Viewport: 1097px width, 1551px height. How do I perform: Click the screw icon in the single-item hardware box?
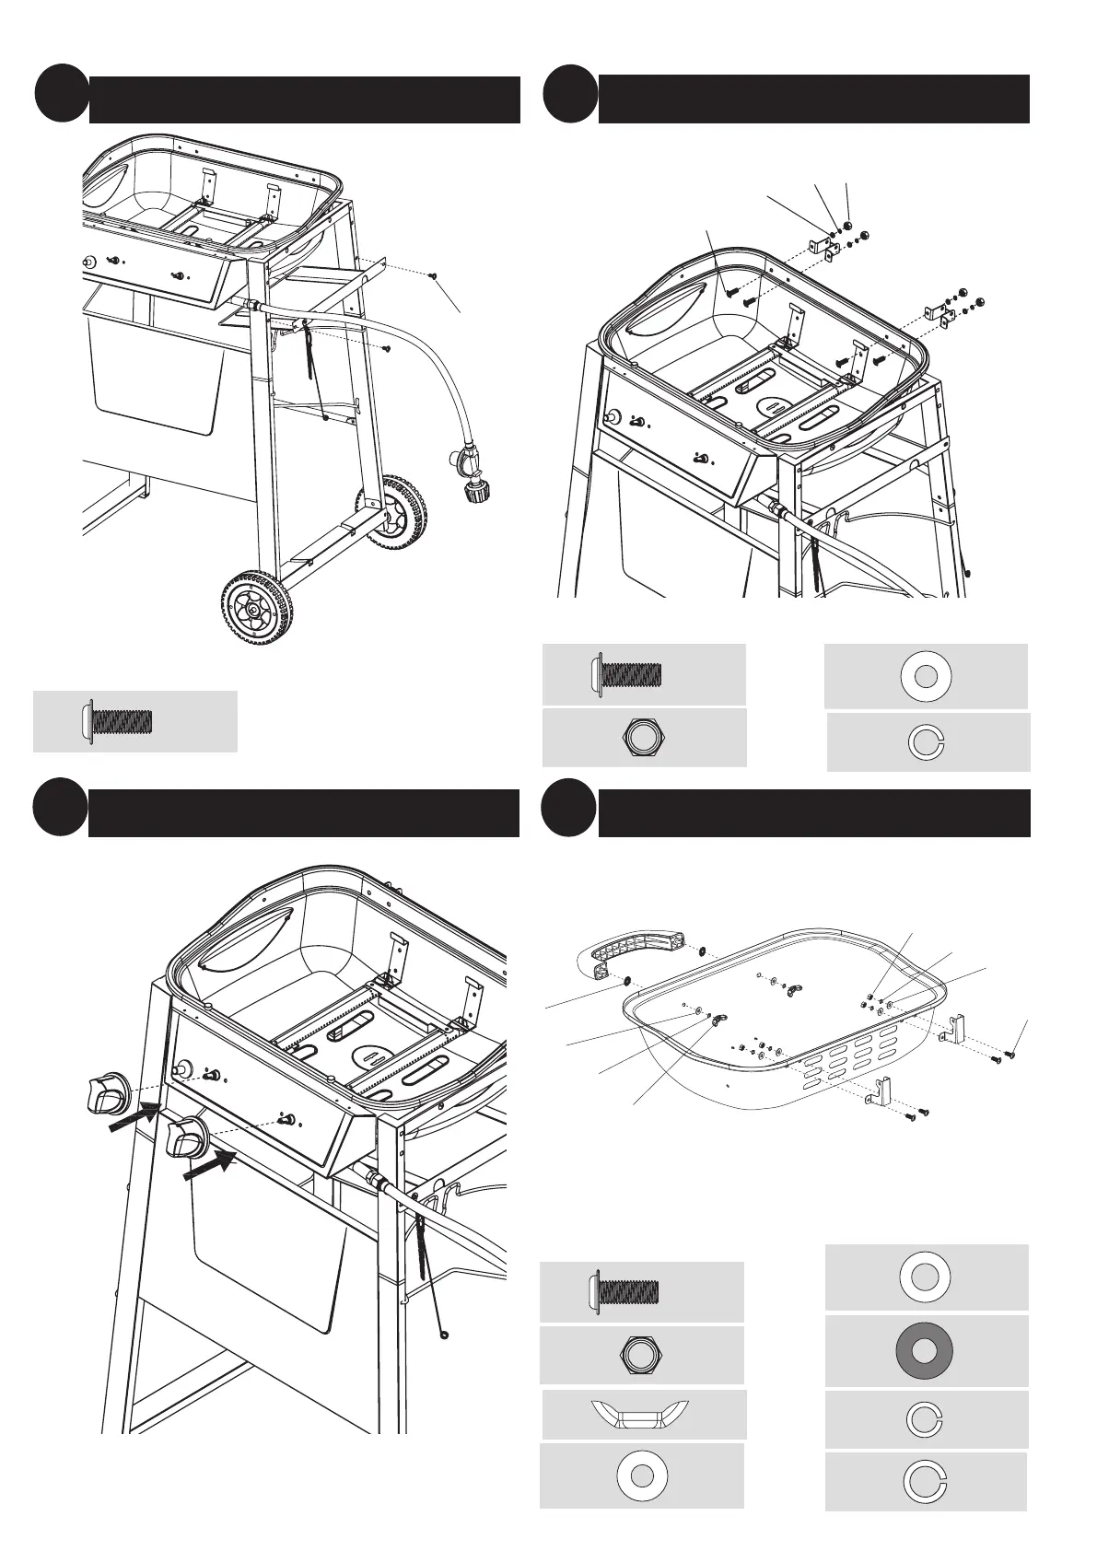pyautogui.click(x=118, y=721)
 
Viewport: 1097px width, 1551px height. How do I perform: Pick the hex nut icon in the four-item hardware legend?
pyautogui.click(x=645, y=738)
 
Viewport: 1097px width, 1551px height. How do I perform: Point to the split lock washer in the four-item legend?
pyautogui.click(x=927, y=742)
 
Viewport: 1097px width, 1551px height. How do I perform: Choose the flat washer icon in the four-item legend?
pyautogui.click(x=927, y=676)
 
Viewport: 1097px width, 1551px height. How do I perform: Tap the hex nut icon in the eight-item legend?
pyautogui.click(x=642, y=1355)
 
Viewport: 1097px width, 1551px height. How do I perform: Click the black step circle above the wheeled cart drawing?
pyautogui.click(x=63, y=93)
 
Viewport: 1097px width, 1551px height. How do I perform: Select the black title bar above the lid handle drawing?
pyautogui.click(x=814, y=812)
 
